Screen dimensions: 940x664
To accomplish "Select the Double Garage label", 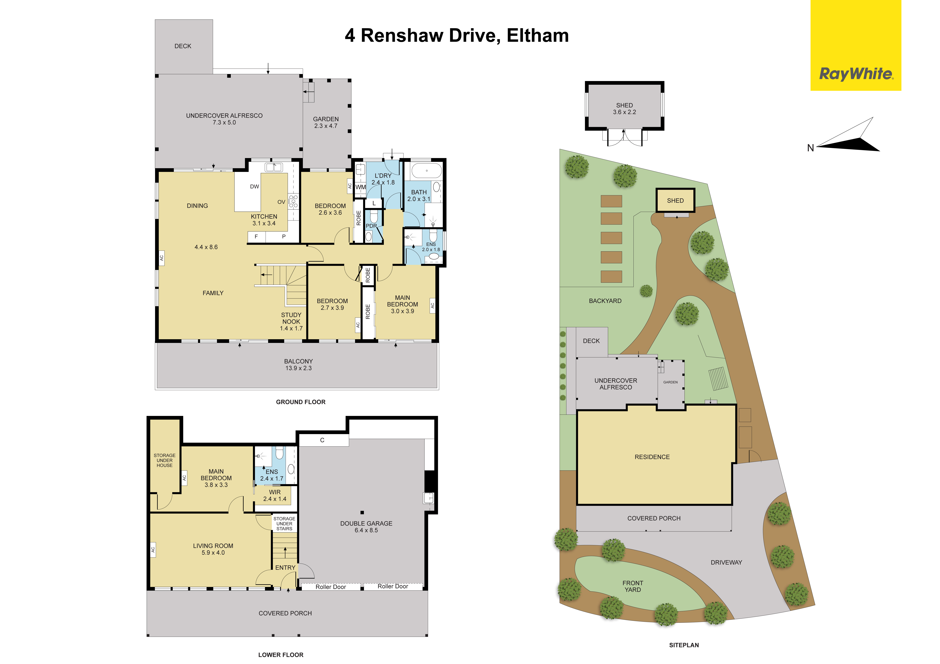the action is [366, 526].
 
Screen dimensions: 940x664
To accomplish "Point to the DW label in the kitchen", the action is [255, 187].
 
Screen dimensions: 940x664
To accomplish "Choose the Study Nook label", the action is [291, 322].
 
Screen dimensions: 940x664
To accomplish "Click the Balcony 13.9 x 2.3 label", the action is [298, 365].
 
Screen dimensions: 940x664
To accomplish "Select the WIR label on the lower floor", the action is [275, 496].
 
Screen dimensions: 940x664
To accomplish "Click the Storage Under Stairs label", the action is [284, 524].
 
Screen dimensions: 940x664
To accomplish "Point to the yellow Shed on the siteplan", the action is [675, 200].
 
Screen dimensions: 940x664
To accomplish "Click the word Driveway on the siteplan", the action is [726, 563].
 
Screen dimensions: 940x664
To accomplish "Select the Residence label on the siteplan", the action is [652, 457].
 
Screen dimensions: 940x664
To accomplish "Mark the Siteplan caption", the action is [684, 645].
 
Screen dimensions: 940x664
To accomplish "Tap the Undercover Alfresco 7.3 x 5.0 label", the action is [224, 119].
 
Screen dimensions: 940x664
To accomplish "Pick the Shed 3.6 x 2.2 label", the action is [624, 108].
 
